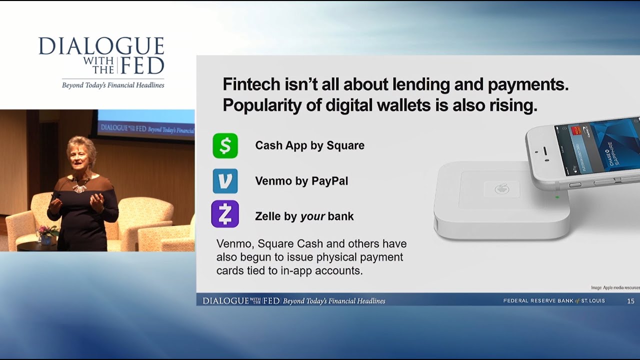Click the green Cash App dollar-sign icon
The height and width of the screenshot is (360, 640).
click(x=225, y=145)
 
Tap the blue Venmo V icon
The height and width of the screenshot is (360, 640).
click(x=225, y=181)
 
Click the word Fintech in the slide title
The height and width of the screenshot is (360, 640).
click(x=251, y=84)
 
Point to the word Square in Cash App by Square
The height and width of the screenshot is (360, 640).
click(x=345, y=145)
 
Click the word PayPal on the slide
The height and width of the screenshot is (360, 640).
click(x=329, y=181)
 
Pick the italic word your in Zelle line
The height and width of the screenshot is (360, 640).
click(x=312, y=216)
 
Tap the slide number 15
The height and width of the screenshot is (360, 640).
click(x=630, y=301)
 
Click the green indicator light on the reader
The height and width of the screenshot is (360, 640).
click(x=556, y=197)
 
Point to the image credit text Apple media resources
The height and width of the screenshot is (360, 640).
click(x=614, y=287)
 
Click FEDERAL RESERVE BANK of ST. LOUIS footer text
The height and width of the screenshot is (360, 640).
click(x=554, y=301)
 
